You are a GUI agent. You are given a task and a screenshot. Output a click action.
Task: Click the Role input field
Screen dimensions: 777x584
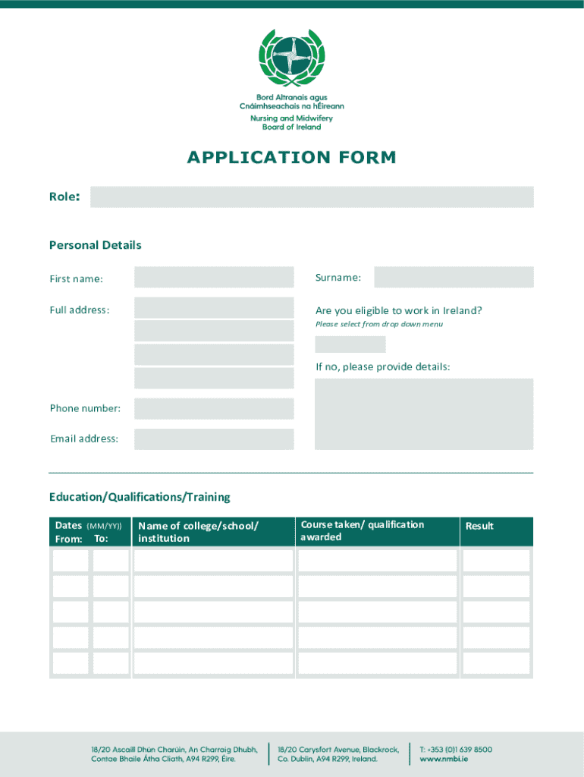pos(312,197)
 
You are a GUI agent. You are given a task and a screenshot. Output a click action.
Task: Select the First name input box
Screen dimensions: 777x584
pos(214,278)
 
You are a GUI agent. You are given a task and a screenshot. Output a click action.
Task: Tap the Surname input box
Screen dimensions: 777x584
pos(454,278)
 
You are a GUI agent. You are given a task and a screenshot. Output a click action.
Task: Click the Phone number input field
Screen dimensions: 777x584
pos(214,409)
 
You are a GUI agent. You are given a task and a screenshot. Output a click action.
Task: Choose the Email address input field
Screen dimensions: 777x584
pos(214,439)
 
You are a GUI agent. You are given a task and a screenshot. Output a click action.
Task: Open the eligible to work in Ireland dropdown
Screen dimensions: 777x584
pos(350,344)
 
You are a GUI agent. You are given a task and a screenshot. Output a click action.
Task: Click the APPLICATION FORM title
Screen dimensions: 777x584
pos(292,158)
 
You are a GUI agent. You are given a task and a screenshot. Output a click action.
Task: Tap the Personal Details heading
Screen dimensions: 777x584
pos(96,245)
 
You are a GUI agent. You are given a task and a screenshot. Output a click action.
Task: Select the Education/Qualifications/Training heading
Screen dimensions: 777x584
pos(140,497)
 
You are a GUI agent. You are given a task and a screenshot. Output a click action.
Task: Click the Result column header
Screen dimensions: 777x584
pos(479,526)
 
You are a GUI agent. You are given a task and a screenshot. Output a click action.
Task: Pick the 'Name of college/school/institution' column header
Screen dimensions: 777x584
pos(198,532)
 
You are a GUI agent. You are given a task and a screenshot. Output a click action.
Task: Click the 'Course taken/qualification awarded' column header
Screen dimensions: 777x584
pos(363,531)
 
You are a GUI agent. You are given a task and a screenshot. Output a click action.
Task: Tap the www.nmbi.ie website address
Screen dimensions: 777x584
pos(444,759)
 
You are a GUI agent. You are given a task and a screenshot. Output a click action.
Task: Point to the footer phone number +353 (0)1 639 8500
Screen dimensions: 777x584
pos(456,749)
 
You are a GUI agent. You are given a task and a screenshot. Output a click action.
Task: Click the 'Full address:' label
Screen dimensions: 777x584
pos(80,310)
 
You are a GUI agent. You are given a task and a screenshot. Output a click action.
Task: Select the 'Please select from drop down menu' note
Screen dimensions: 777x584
pos(379,325)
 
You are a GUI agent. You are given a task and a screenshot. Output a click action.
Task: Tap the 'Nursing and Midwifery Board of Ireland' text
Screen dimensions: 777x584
pos(292,123)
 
